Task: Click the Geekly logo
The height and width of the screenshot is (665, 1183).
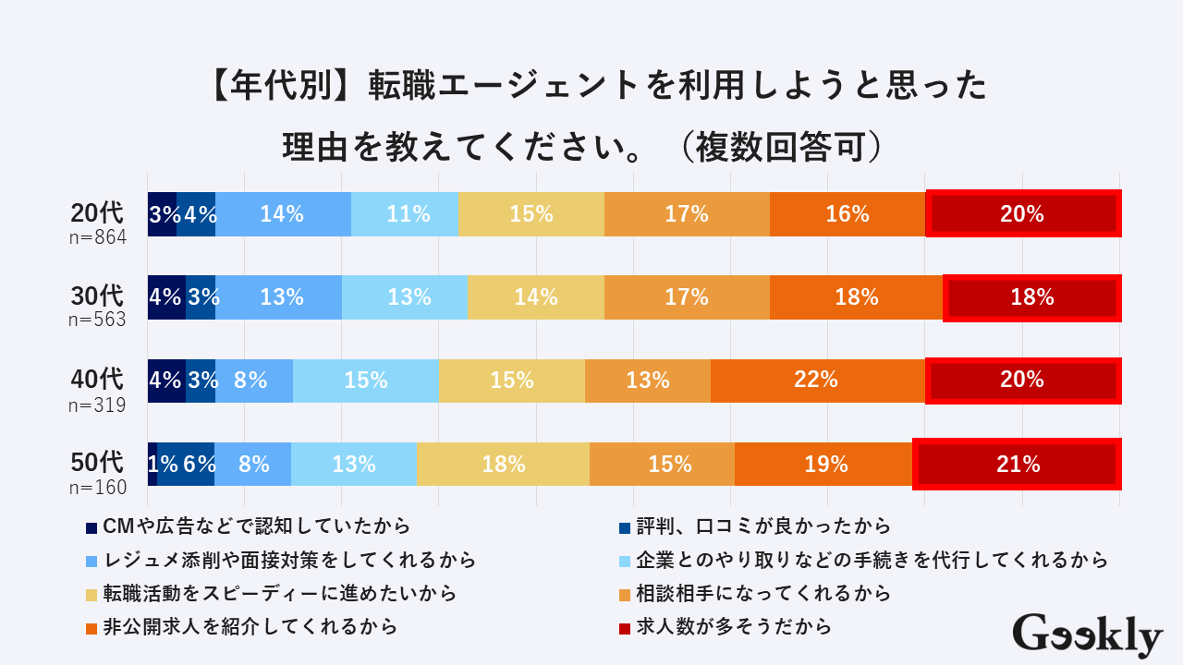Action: coord(1088,635)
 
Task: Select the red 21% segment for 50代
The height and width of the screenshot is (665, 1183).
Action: coord(1017,464)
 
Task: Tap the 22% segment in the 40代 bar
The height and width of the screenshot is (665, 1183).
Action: coord(818,380)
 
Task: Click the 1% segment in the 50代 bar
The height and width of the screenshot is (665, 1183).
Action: coord(152,464)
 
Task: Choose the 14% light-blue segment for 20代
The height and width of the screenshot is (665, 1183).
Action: coord(283,214)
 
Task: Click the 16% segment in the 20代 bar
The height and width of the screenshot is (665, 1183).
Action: coord(848,214)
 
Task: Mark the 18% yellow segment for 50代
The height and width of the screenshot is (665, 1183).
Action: coord(504,464)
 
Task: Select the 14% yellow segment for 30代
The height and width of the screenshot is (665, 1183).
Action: coord(536,297)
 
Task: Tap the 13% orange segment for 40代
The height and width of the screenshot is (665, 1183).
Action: coord(648,380)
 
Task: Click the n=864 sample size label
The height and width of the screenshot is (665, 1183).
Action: coord(97,238)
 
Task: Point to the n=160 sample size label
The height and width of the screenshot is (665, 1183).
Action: coord(97,488)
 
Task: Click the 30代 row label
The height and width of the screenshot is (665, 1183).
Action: coord(97,296)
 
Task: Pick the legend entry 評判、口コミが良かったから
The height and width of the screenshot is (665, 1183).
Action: coord(764,526)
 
